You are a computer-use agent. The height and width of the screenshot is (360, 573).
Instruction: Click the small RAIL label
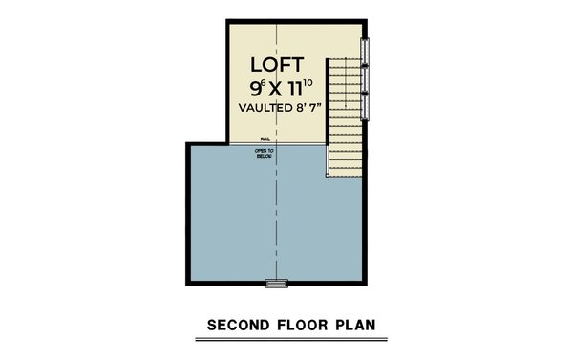[264, 138]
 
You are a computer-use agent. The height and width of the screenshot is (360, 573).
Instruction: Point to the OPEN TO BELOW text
[264, 154]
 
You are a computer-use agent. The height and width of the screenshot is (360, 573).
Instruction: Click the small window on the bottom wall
[277, 283]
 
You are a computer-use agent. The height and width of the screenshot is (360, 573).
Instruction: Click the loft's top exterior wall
[296, 22]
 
